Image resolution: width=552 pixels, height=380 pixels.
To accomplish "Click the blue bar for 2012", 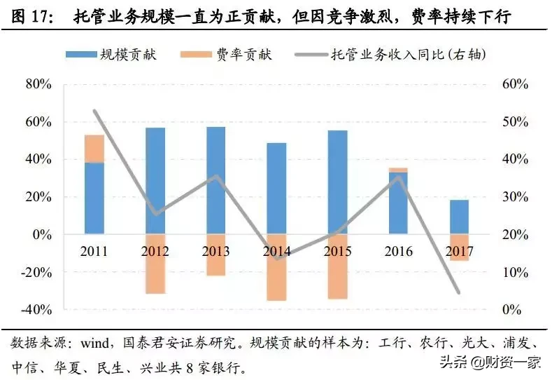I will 155,180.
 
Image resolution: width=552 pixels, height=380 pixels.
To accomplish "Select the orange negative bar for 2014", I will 276,267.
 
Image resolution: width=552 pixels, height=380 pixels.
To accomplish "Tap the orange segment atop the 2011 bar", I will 94,148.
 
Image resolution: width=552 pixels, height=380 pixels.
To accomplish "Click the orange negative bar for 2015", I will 337,266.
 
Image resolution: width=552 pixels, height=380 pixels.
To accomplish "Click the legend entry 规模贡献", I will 111,55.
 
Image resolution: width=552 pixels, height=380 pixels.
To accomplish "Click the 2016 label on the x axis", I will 398,251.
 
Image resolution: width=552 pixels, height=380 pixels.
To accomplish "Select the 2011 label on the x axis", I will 94,251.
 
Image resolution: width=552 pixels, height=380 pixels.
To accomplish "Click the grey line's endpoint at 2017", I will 459,292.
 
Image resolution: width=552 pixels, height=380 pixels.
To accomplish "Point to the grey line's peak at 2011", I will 94,111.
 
